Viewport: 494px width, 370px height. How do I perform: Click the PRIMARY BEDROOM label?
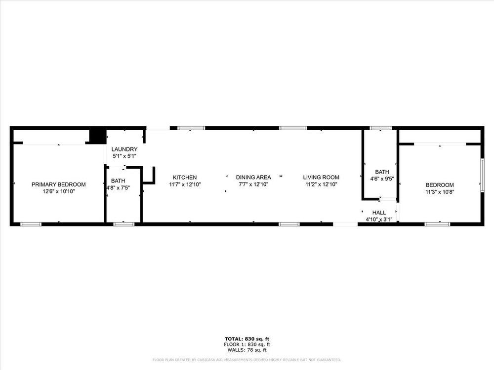(x=59, y=185)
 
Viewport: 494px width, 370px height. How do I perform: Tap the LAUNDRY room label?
(x=124, y=149)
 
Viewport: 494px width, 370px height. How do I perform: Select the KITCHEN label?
(x=185, y=178)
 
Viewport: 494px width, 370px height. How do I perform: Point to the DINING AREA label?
(x=253, y=178)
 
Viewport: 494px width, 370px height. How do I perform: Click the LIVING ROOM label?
(x=321, y=178)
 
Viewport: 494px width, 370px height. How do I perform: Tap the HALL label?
(x=379, y=213)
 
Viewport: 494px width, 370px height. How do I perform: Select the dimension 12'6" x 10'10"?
(x=59, y=191)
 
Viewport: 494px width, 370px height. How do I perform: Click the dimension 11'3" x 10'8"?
(x=440, y=192)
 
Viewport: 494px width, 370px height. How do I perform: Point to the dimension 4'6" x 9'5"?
(x=382, y=179)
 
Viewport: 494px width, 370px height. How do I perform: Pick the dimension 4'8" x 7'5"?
(x=118, y=188)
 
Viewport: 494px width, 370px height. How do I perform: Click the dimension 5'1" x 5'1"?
(x=124, y=156)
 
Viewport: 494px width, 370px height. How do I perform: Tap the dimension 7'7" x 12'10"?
(x=253, y=185)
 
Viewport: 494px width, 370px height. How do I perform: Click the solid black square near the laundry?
(x=98, y=136)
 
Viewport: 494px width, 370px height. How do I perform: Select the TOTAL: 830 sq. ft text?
(x=247, y=339)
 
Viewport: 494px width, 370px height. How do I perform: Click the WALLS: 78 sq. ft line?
(x=247, y=350)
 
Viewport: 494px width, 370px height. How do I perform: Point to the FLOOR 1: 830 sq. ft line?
(x=247, y=344)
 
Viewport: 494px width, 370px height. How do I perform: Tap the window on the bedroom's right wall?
(x=482, y=175)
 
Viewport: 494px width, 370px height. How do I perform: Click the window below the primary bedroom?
(x=31, y=224)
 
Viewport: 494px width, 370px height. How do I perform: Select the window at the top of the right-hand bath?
(x=380, y=128)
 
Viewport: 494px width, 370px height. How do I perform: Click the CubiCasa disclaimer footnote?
(x=247, y=360)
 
